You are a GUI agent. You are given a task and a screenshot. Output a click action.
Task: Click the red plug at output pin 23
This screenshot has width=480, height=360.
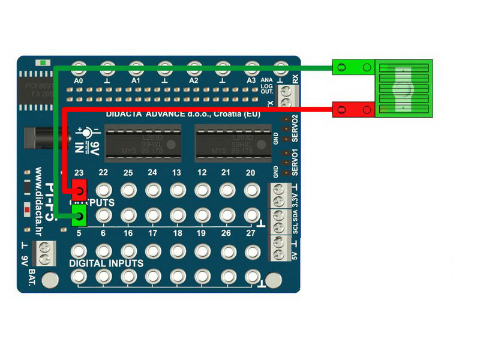(x=79, y=190)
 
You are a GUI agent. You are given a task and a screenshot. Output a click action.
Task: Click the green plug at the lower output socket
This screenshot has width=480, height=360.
(x=79, y=216)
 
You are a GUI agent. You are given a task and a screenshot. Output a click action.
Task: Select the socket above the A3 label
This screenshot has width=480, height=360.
(x=251, y=67)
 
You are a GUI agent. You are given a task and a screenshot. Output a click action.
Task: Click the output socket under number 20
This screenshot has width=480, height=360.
(x=251, y=190)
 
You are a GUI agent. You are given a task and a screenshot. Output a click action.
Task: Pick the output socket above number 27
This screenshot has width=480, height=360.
(x=251, y=215)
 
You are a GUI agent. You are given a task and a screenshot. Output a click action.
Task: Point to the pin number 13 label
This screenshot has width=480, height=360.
(x=176, y=173)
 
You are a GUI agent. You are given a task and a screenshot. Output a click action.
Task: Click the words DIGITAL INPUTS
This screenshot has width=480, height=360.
(x=106, y=263)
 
